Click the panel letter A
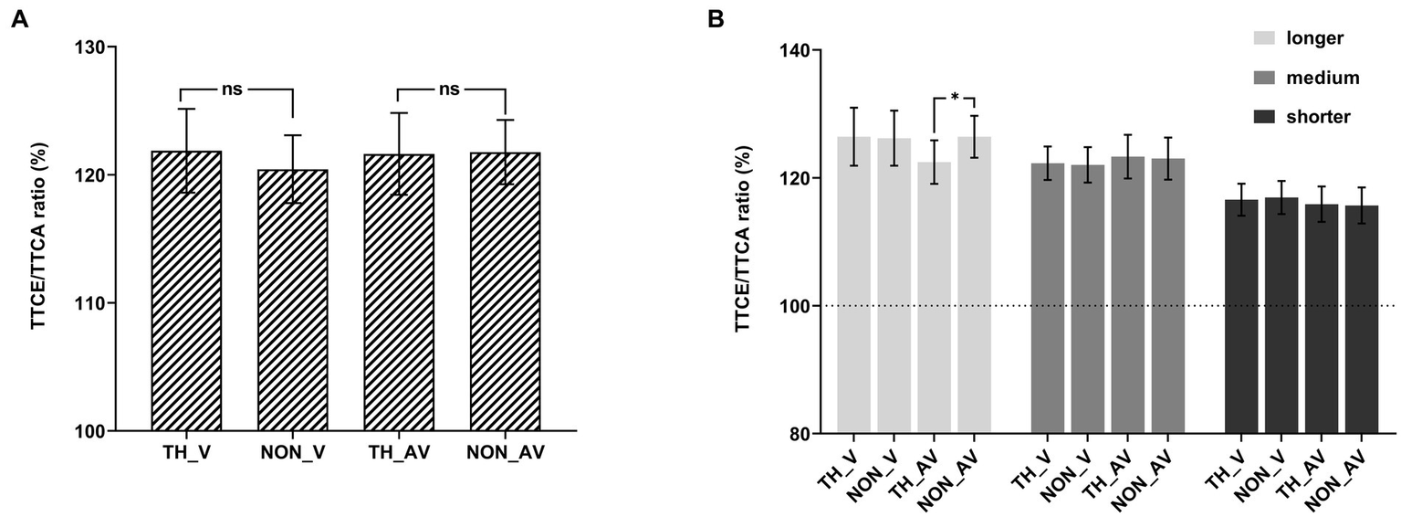pos(18,19)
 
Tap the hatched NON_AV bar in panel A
pos(505,291)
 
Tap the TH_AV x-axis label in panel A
pos(399,452)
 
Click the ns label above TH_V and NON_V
pos(235,90)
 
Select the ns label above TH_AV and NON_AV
pos(448,90)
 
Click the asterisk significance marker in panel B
pos(955,97)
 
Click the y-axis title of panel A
pos(39,237)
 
